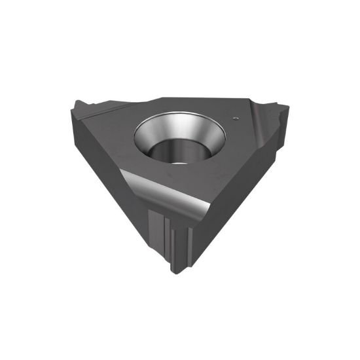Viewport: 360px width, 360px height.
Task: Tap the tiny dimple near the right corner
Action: pyautogui.click(x=235, y=118)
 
